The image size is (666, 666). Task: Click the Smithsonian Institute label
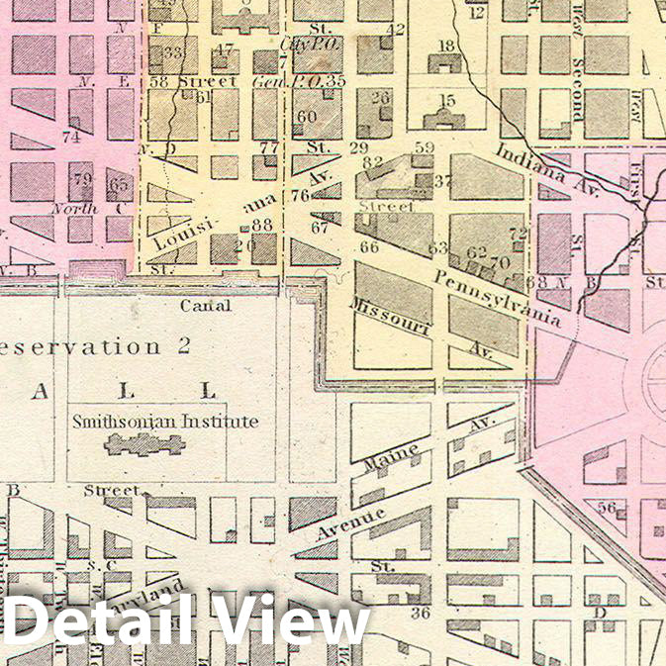[x=165, y=422]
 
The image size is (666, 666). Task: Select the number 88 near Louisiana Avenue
[x=262, y=226]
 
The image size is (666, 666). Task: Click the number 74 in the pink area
[x=70, y=138]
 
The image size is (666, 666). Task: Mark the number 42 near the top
[x=396, y=30]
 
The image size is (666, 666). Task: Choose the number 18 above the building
[x=446, y=46]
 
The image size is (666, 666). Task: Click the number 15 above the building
[x=447, y=100]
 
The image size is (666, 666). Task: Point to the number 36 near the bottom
[x=421, y=614]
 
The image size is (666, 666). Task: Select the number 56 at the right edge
[x=608, y=509]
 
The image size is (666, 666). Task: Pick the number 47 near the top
[x=226, y=49]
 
